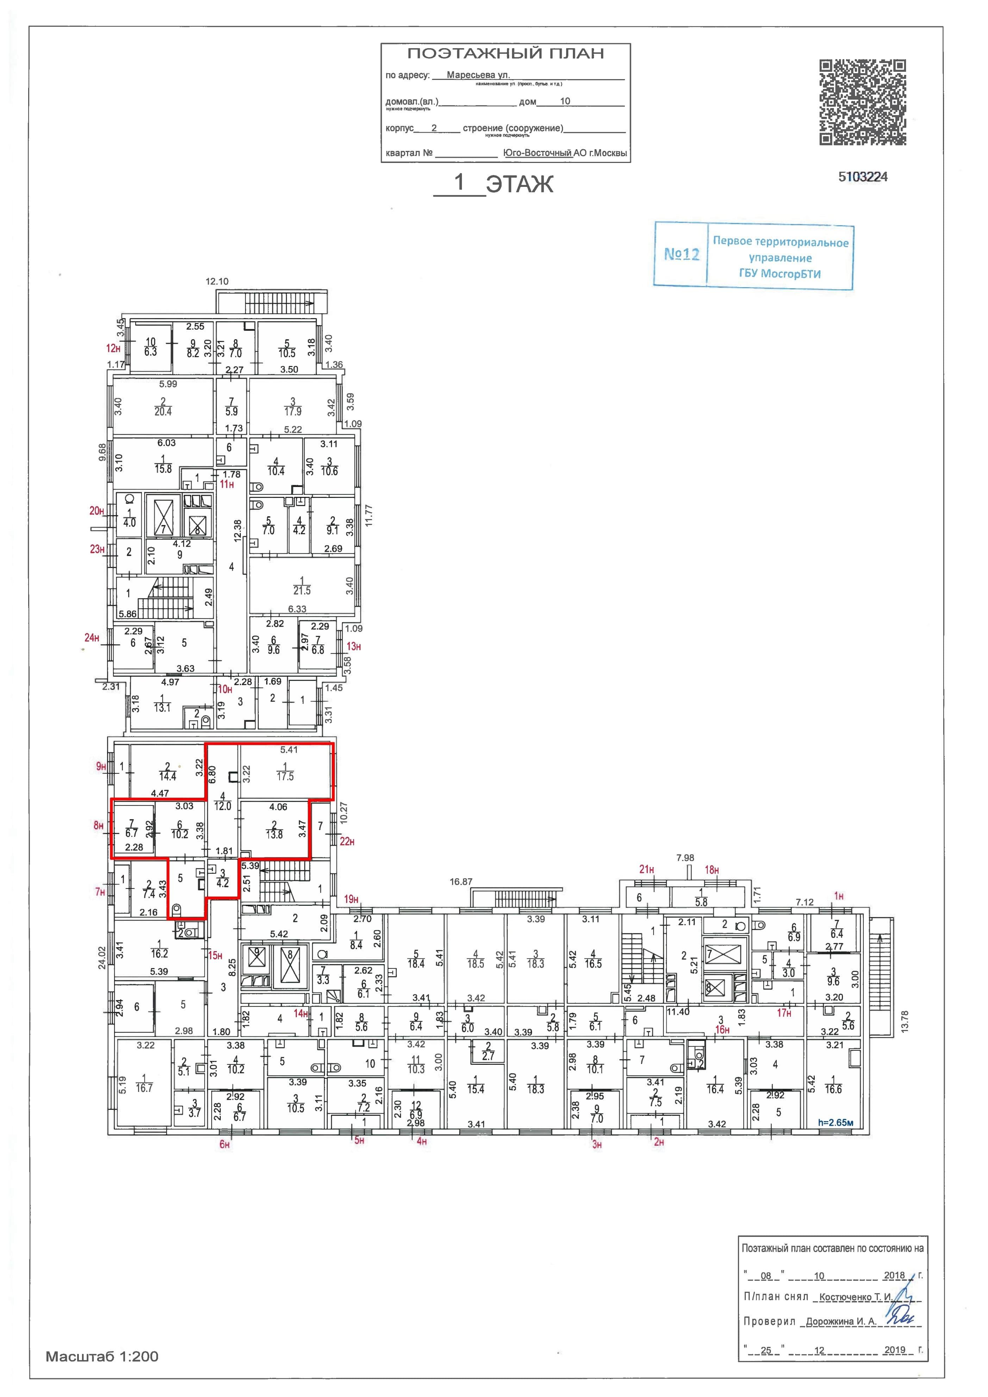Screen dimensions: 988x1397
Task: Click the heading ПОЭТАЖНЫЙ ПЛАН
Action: point(505,53)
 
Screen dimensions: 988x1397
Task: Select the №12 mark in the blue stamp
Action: point(681,254)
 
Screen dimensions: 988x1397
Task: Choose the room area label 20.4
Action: point(163,411)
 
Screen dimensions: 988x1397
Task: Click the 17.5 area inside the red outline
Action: point(285,776)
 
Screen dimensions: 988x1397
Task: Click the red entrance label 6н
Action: point(225,1144)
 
